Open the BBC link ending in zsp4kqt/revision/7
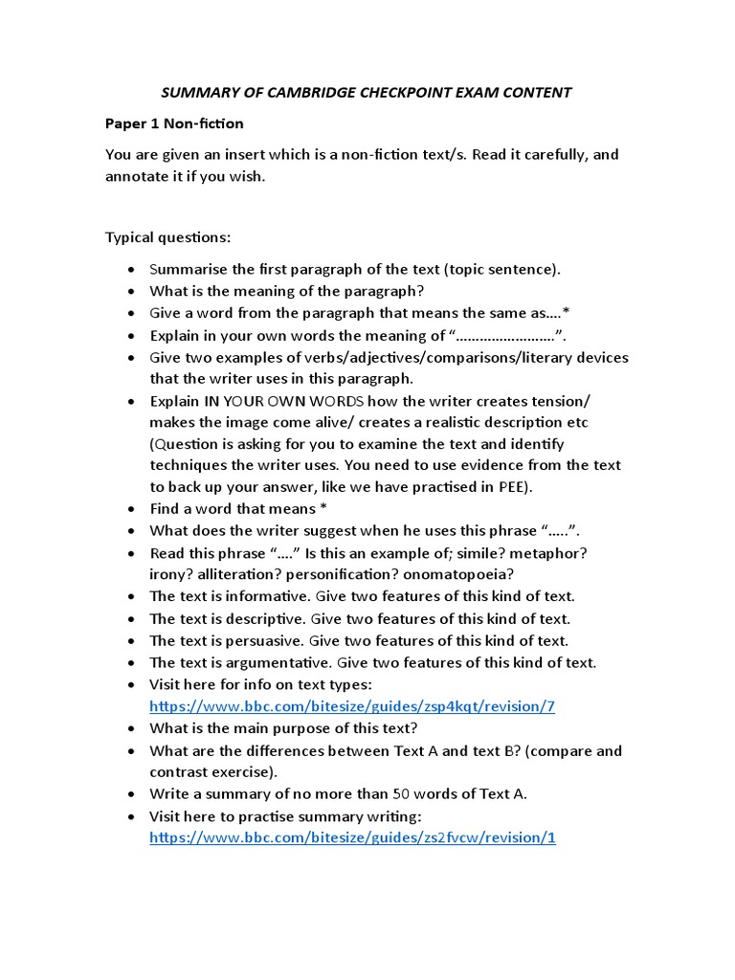click(352, 706)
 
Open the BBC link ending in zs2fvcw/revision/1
click(352, 837)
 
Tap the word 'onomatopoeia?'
click(465, 574)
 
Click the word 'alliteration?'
click(244, 574)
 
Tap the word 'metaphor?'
click(555, 553)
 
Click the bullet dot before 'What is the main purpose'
click(129, 728)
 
